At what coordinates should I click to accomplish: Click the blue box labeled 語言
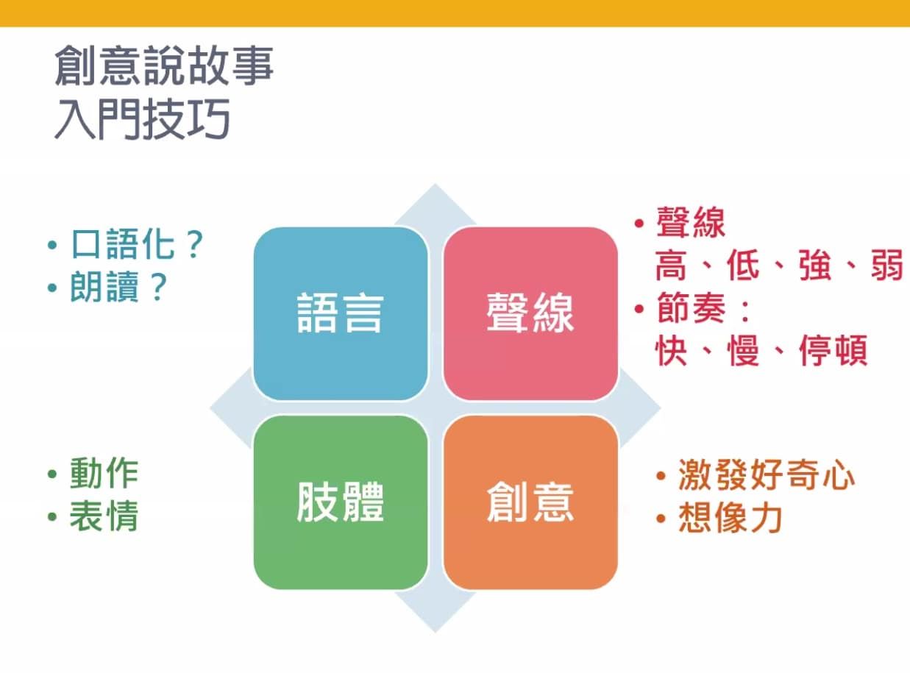tap(341, 313)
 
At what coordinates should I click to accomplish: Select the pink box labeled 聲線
tap(530, 313)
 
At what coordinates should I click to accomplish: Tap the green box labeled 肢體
tap(341, 502)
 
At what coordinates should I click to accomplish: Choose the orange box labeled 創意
tap(530, 502)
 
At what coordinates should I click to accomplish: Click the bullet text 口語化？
tap(138, 244)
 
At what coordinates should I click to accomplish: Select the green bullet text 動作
tap(104, 473)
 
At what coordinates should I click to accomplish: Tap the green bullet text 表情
tap(104, 516)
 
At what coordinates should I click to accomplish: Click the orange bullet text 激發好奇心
tap(767, 475)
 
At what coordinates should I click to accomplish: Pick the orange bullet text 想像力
tap(731, 518)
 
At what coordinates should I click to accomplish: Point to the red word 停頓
tap(833, 350)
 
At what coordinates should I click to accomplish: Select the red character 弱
tap(887, 265)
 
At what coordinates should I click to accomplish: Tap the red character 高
tap(671, 265)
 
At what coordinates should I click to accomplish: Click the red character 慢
tap(743, 350)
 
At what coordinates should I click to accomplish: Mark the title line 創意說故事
tap(164, 65)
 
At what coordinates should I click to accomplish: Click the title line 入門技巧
tap(142, 119)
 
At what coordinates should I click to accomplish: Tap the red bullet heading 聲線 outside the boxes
tap(692, 222)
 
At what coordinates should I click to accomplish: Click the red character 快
tap(671, 350)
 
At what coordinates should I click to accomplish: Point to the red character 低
tap(743, 265)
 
